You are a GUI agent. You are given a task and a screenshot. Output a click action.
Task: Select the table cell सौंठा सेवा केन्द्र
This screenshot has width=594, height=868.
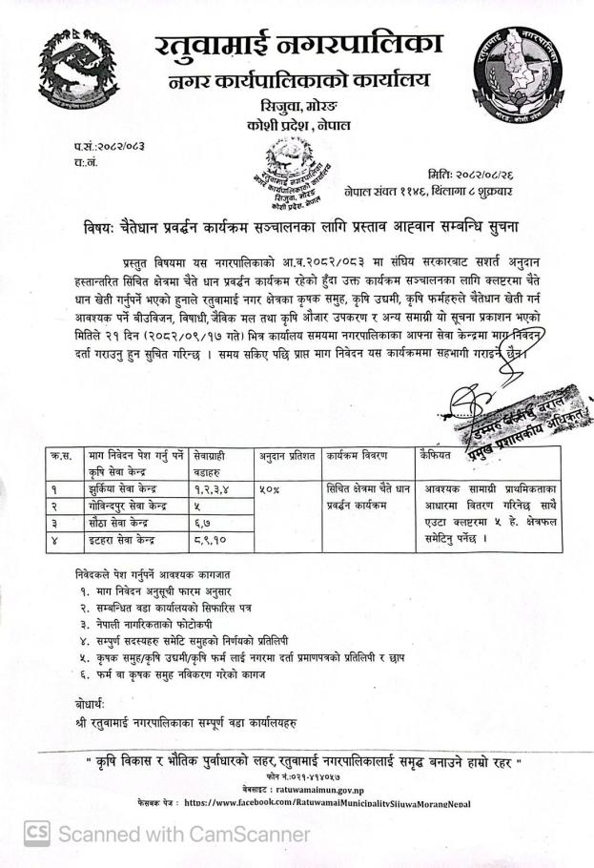(x=124, y=523)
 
